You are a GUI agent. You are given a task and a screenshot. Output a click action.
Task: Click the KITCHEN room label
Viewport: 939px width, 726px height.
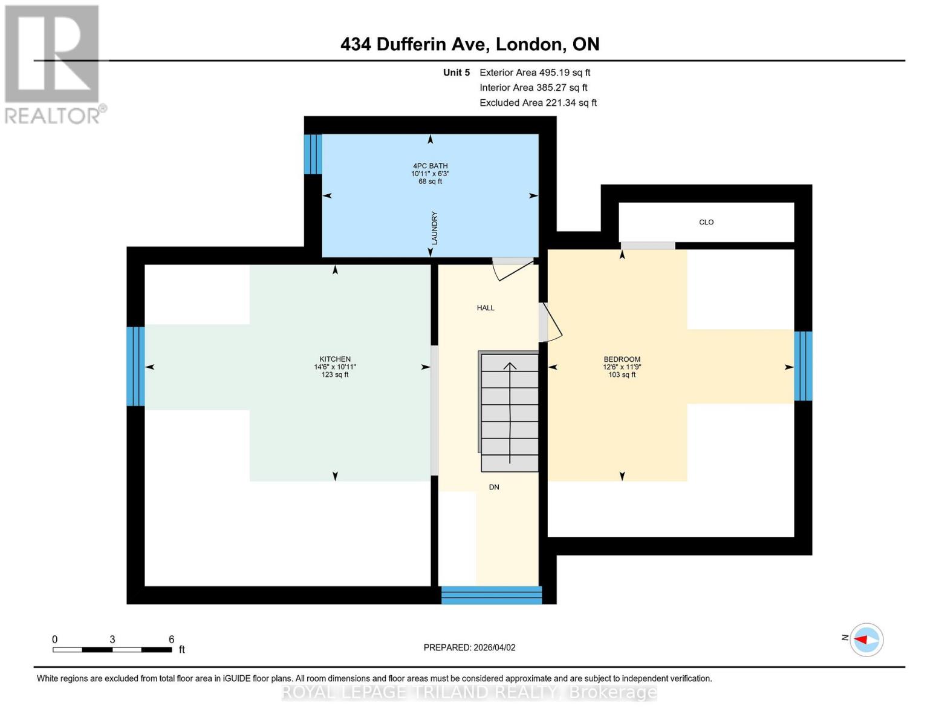[x=335, y=359]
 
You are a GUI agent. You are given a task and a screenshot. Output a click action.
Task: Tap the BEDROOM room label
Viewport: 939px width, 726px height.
[x=622, y=359]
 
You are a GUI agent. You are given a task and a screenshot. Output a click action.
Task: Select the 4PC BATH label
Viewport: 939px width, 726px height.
[x=430, y=166]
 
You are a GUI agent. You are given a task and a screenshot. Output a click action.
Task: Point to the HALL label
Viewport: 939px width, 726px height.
[x=486, y=308]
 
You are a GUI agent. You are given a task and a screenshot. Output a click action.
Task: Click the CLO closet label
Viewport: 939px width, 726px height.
[x=706, y=222]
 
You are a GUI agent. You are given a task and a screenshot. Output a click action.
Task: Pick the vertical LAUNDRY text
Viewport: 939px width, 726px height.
[x=434, y=228]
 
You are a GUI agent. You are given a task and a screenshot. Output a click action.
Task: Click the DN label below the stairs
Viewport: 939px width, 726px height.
[x=494, y=487]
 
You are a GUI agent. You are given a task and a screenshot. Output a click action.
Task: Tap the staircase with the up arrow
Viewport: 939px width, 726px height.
[x=510, y=411]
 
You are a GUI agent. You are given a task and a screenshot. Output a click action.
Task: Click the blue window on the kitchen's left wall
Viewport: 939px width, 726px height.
[x=135, y=366]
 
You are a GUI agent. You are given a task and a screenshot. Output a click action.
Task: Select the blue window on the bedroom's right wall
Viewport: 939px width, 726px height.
[x=803, y=366]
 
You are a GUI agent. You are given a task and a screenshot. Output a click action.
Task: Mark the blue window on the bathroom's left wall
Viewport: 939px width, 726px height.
[x=313, y=154]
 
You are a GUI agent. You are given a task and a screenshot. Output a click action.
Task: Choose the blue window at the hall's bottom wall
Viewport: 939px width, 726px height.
[x=491, y=595]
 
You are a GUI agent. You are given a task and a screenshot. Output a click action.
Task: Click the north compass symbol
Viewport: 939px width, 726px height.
[x=867, y=639]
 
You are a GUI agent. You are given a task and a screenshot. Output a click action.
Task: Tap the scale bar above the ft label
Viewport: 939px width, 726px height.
[x=112, y=650]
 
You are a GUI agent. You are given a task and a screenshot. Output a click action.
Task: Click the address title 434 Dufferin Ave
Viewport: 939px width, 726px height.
[x=470, y=44]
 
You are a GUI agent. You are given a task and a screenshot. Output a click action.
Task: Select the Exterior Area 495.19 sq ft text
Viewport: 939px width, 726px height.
[x=534, y=73]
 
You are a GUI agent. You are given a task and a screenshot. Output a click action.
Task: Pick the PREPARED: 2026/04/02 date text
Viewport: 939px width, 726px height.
[x=469, y=647]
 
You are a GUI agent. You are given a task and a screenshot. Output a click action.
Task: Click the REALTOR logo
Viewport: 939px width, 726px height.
[x=53, y=64]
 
